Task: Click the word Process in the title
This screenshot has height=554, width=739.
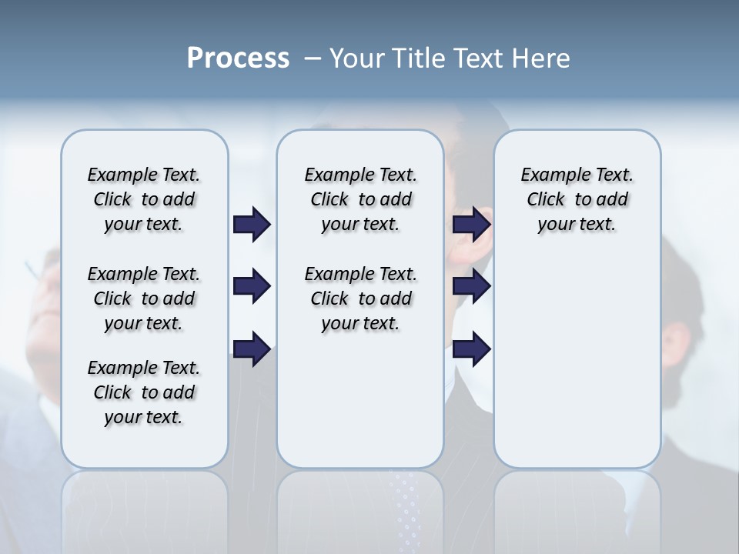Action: (x=238, y=58)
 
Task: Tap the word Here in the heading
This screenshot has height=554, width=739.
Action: (x=541, y=58)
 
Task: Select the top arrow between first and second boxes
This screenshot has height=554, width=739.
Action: (x=252, y=224)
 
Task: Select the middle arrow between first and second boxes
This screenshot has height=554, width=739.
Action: (x=252, y=286)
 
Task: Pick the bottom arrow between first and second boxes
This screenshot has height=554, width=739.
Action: (x=252, y=349)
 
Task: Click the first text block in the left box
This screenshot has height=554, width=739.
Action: (x=144, y=199)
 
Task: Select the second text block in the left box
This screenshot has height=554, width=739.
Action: (x=144, y=299)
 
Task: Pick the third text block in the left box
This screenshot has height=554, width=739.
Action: (x=144, y=392)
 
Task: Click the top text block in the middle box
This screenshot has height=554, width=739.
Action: (x=360, y=199)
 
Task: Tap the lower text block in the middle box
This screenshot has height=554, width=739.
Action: (x=360, y=299)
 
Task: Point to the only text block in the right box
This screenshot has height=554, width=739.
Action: (x=577, y=199)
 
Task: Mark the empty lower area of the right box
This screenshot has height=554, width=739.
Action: (x=577, y=362)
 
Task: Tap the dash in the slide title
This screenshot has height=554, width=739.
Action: (x=313, y=58)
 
